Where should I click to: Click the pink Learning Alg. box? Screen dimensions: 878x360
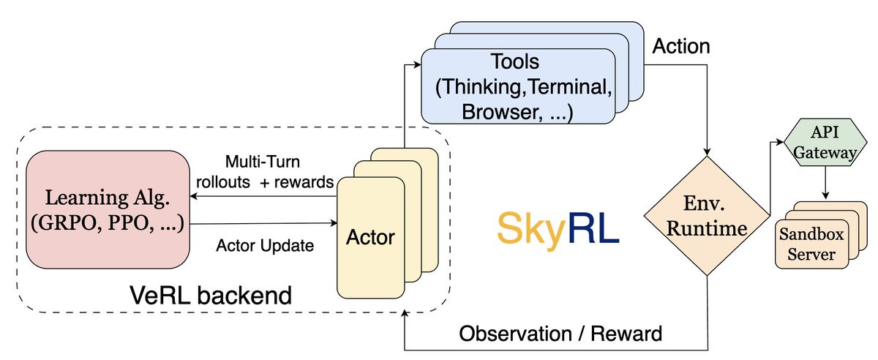tap(108, 209)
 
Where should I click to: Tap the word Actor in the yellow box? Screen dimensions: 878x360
tap(370, 237)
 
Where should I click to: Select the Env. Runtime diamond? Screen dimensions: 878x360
tap(707, 216)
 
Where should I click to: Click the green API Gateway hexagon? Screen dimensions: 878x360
tap(825, 142)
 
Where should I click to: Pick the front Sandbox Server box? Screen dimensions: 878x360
tap(811, 244)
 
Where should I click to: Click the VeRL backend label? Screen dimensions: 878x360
tap(211, 296)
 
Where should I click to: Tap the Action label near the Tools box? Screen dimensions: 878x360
tap(681, 46)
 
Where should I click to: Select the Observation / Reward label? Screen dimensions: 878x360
tap(560, 334)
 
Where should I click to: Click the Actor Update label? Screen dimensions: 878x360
tap(265, 246)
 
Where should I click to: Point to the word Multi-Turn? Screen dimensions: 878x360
tap(263, 162)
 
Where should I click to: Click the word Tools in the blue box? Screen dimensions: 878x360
tap(515, 61)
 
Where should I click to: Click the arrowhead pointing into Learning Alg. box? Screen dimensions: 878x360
tap(194, 196)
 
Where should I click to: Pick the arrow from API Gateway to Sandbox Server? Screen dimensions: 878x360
tap(825, 182)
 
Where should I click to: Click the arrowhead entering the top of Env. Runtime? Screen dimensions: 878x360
tap(707, 151)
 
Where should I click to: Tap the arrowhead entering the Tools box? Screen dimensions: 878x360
tap(417, 64)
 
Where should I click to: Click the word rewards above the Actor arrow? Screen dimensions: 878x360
tap(304, 182)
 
